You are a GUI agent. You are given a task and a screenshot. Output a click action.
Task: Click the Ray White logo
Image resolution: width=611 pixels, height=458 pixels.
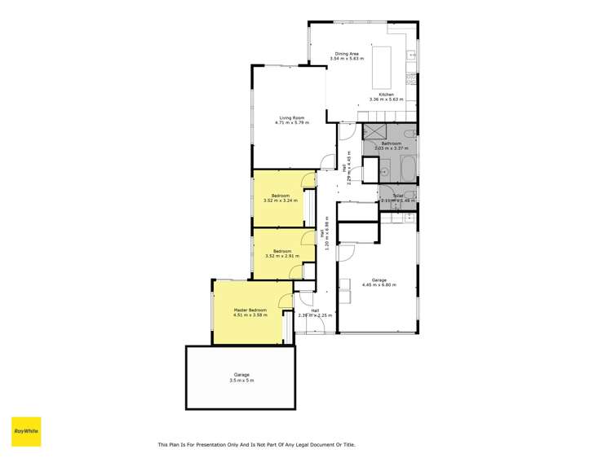pyautogui.click(x=26, y=431)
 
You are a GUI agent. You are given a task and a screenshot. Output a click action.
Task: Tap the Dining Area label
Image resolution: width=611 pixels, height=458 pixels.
pyautogui.click(x=347, y=54)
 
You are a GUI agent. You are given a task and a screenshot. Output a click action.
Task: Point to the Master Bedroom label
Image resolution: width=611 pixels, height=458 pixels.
pyautogui.click(x=250, y=310)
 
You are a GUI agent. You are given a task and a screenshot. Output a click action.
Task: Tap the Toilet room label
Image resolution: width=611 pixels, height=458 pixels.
pyautogui.click(x=398, y=196)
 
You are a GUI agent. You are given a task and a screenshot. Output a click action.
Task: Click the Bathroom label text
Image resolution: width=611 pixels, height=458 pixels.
pyautogui.click(x=392, y=143)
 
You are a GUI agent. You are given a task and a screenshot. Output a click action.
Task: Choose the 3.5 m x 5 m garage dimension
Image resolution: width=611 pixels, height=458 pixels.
pyautogui.click(x=241, y=380)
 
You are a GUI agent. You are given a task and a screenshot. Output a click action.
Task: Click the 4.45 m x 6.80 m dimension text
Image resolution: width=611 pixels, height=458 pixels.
pyautogui.click(x=379, y=285)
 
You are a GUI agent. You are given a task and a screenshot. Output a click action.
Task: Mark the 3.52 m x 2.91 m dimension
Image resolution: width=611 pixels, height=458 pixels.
pyautogui.click(x=282, y=256)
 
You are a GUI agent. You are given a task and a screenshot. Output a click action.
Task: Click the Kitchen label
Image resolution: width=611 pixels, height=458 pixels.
pyautogui.click(x=386, y=95)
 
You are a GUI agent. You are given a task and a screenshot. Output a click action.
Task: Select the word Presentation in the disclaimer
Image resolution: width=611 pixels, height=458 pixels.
pyautogui.click(x=203, y=444)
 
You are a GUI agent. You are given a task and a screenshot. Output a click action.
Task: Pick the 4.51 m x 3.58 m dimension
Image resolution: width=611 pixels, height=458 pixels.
pyautogui.click(x=250, y=315)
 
